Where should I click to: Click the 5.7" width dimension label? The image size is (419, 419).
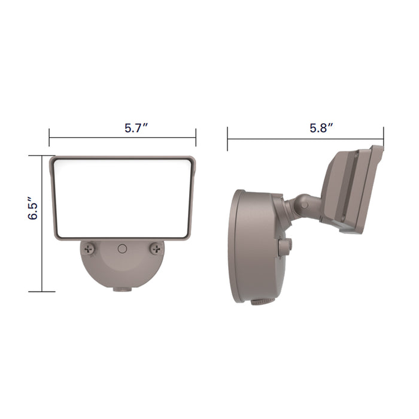pyautogui.click(x=136, y=128)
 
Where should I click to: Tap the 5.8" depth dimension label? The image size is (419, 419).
pyautogui.click(x=321, y=128)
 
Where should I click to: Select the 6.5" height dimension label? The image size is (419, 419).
pyautogui.click(x=34, y=211)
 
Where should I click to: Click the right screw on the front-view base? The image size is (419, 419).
pyautogui.click(x=156, y=247)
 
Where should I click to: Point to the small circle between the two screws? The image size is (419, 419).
pyautogui.click(x=123, y=248)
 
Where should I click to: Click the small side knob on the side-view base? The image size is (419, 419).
pyautogui.click(x=286, y=245)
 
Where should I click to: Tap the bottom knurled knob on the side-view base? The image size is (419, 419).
pyautogui.click(x=259, y=301)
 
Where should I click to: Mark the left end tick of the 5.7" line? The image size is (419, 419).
pyautogui.click(x=49, y=138)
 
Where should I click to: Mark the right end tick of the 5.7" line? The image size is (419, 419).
pyautogui.click(x=196, y=138)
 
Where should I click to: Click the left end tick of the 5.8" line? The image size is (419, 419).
pyautogui.click(x=227, y=139)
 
